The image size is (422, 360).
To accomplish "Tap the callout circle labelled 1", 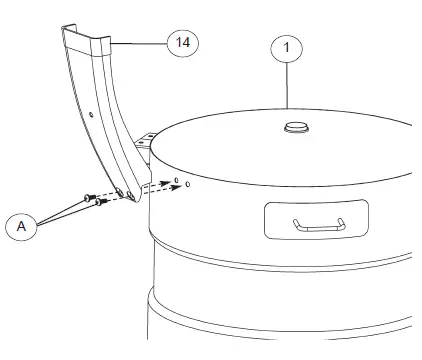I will tap(288, 48).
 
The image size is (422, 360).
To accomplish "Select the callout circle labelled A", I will tap(21, 226).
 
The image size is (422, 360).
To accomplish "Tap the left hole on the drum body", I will tap(175, 181).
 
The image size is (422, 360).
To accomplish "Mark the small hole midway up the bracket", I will tap(91, 115).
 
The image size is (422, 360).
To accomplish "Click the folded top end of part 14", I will tap(86, 40).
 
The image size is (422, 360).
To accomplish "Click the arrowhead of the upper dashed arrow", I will tap(166, 183).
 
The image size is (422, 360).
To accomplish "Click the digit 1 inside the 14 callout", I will tap(180, 43).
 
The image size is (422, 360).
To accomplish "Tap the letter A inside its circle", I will tap(21, 226).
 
